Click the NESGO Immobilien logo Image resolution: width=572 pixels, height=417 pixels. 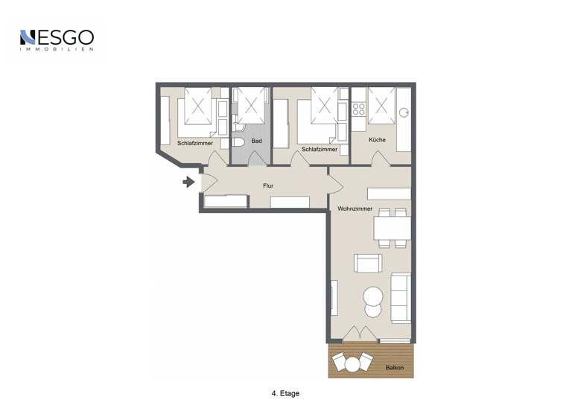[x=57, y=40]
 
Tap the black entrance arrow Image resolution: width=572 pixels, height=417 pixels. [x=189, y=181]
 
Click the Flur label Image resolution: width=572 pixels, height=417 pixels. [x=268, y=185]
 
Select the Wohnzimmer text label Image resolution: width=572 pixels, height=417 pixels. [x=355, y=208]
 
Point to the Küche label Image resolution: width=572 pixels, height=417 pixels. [x=377, y=140]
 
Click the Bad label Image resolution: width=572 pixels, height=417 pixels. [x=256, y=141]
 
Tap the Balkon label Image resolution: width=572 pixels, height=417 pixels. [x=395, y=368]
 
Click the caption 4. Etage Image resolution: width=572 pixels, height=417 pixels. [x=285, y=393]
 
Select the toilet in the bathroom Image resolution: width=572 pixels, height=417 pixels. [x=238, y=141]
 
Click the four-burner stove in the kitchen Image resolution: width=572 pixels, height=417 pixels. [x=358, y=111]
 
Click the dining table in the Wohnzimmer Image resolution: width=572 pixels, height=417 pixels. [x=392, y=227]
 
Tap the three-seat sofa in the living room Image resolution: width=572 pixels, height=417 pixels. [x=401, y=297]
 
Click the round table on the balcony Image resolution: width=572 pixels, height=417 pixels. [x=352, y=363]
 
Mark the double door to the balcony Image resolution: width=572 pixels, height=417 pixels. [x=360, y=333]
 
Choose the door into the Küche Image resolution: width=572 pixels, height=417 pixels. [x=379, y=159]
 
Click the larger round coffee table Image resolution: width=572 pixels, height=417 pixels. [x=374, y=295]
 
